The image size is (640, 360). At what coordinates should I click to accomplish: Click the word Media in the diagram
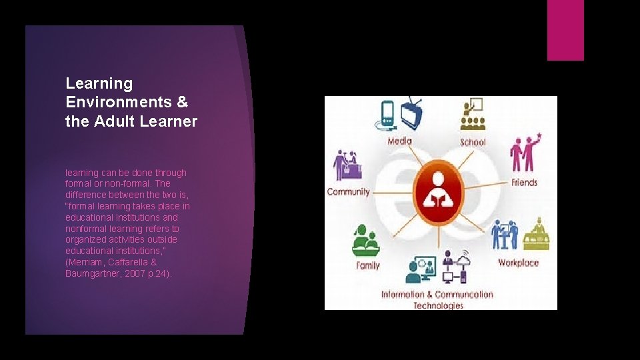click(x=400, y=141)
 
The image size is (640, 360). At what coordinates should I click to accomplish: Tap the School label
click(x=473, y=142)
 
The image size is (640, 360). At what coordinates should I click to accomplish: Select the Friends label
click(x=524, y=182)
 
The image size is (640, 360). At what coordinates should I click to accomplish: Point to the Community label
click(x=348, y=192)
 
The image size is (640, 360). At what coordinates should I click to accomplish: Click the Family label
click(x=367, y=265)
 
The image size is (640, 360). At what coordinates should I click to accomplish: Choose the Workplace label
click(x=518, y=263)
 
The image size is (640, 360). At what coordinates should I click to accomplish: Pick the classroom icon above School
click(x=473, y=115)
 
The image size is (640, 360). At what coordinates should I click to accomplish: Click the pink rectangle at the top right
click(x=565, y=30)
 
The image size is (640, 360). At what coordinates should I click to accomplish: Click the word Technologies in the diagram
click(x=438, y=305)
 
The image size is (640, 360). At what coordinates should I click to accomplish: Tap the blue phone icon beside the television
click(x=387, y=114)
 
